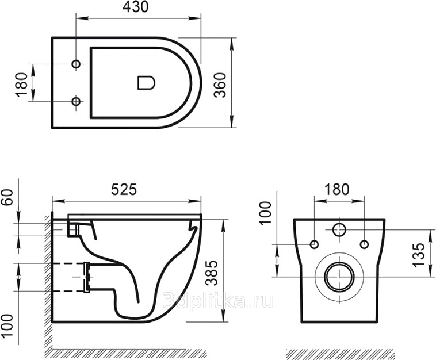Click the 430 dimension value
136,7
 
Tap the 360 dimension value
220,85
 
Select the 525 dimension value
124,190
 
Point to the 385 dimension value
213,273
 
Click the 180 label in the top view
22,85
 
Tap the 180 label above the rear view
335,190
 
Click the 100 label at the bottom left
7,325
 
